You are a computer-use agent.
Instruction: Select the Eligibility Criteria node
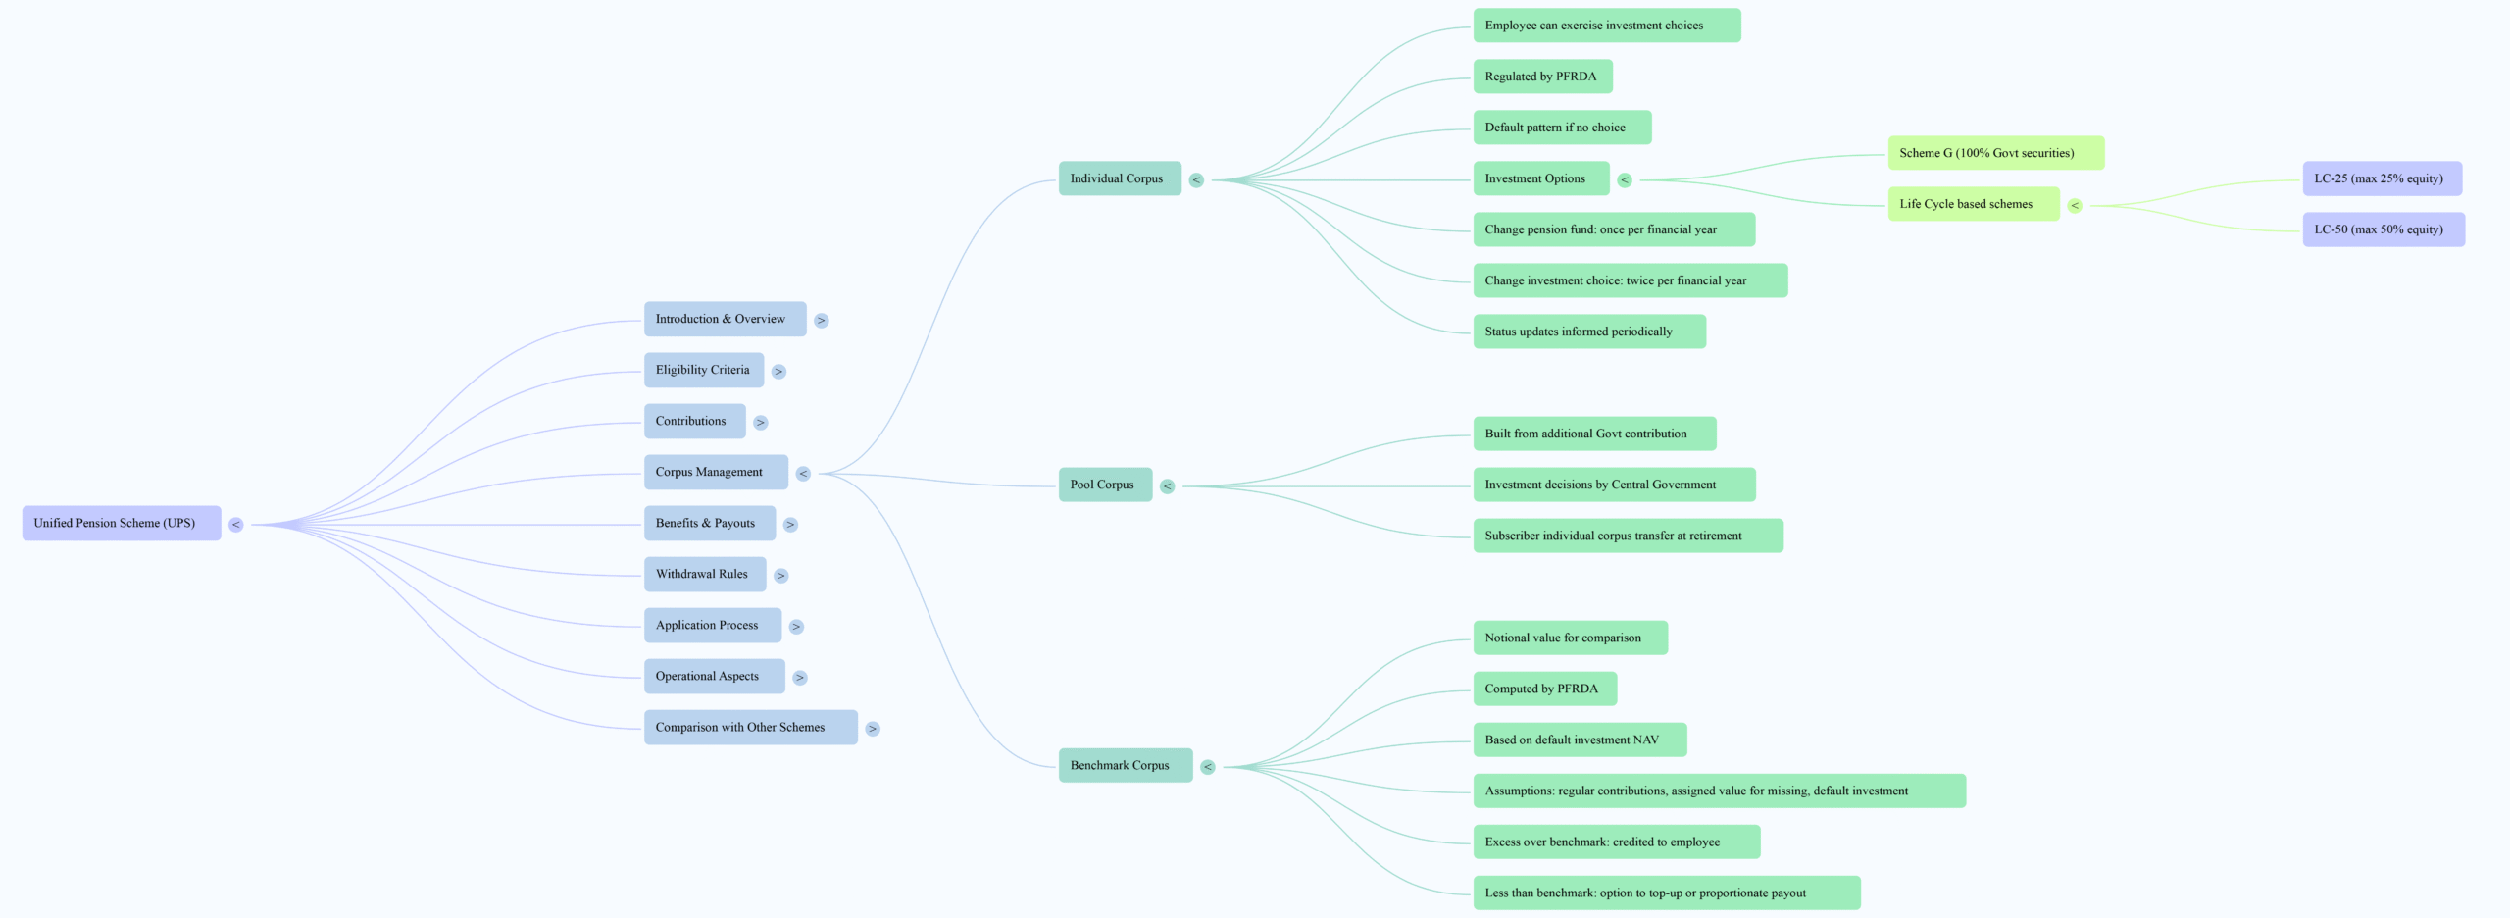coord(703,370)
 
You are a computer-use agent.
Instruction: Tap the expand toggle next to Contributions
coord(761,423)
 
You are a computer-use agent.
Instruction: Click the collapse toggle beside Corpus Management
coord(803,474)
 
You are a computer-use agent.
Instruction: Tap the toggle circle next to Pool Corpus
coord(1167,486)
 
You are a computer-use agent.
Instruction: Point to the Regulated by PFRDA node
coord(1541,76)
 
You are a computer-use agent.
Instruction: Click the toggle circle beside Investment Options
coord(1625,180)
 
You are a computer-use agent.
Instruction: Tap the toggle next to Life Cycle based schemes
coord(2075,206)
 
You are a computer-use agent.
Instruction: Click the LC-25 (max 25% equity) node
coord(2382,178)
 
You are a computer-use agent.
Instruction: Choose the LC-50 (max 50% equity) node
coord(2383,229)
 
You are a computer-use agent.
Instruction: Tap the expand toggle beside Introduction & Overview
coord(822,321)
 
